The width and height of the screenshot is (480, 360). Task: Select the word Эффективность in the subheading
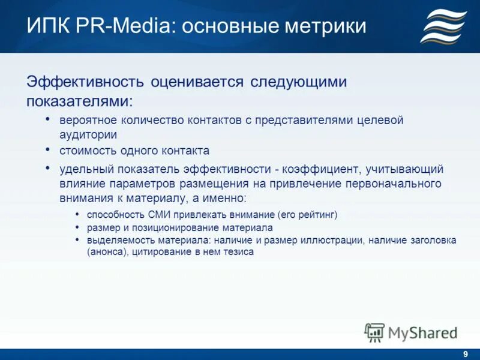pos(83,81)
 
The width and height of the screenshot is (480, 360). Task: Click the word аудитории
pos(88,135)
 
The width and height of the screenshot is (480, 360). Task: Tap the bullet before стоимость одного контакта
pos(48,149)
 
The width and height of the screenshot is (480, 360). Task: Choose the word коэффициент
pos(313,170)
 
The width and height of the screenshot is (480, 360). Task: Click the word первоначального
pos(392,183)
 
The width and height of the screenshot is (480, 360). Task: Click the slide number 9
pos(466,354)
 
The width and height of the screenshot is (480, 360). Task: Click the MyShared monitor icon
pos(374,332)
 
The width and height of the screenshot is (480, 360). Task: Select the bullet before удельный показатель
pos(48,169)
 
